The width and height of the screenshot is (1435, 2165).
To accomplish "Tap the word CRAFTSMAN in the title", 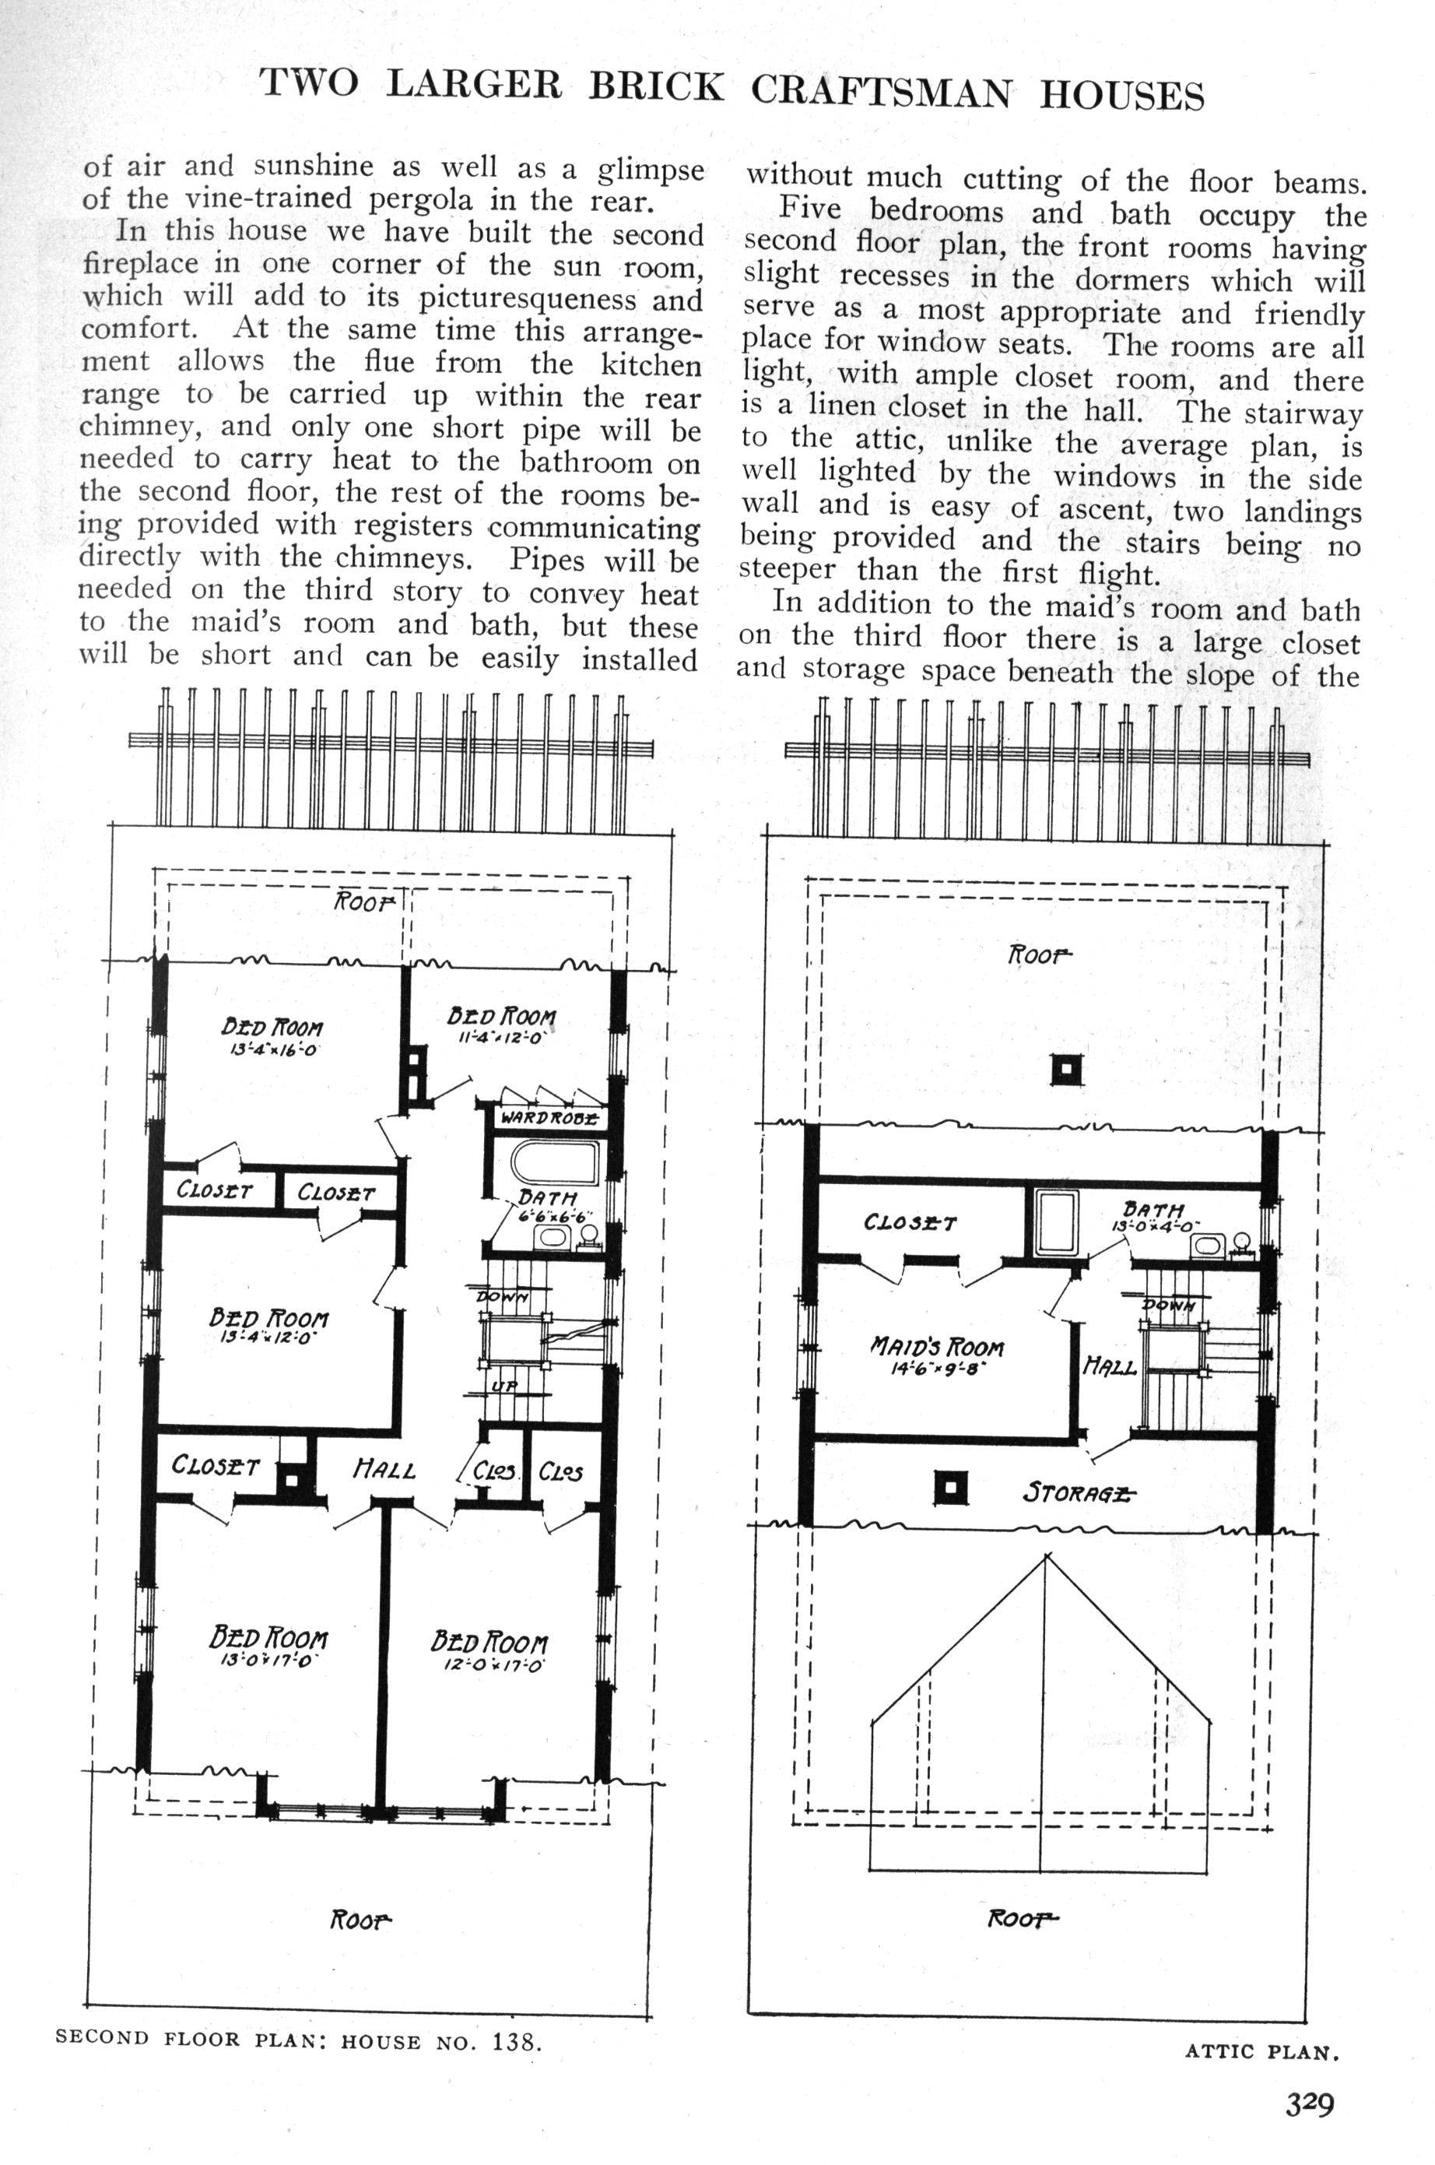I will coord(882,92).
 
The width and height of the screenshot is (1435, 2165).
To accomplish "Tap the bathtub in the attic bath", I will coord(1056,1223).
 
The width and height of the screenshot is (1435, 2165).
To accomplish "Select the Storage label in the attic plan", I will coord(1078,1493).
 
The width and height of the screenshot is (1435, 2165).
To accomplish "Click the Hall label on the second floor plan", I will coord(384,1470).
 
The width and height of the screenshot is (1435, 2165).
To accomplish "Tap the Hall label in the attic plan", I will coord(1109,1368).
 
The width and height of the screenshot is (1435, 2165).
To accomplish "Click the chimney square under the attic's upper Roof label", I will coord(1065,1069).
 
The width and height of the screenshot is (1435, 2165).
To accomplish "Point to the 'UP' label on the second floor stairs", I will coord(504,1387).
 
